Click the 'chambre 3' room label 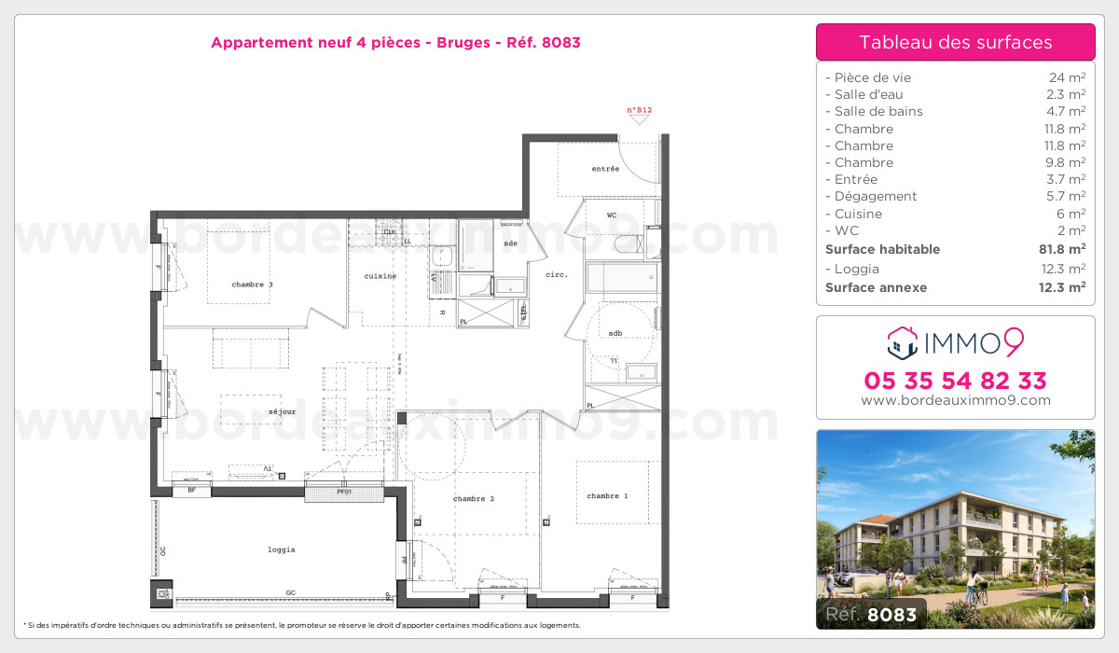tap(252, 285)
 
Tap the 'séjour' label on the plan tap(281, 411)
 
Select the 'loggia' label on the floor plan tap(281, 549)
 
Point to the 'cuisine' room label tap(380, 276)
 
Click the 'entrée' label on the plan tap(605, 169)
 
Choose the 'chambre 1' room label tap(607, 495)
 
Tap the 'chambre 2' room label tap(474, 499)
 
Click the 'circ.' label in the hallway tap(557, 274)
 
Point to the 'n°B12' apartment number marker tap(639, 111)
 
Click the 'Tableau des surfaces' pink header tap(955, 42)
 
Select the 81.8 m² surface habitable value tap(1063, 249)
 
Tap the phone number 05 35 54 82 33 tap(955, 381)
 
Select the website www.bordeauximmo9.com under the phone tap(955, 400)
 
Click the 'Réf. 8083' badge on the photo tap(871, 615)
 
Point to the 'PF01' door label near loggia tap(343, 491)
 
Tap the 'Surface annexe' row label tap(877, 287)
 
